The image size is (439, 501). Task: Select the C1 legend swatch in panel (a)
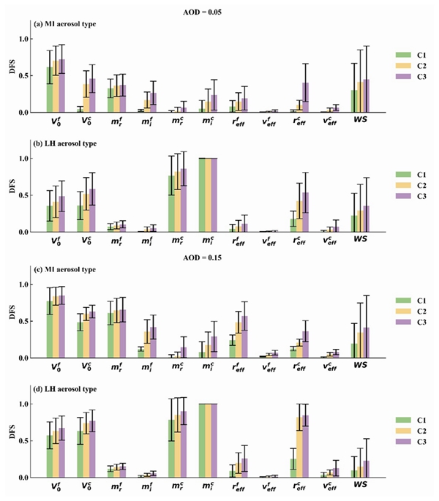pyautogui.click(x=402, y=55)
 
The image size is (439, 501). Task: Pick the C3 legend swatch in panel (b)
pyautogui.click(x=402, y=197)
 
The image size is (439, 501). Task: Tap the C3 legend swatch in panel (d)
pyautogui.click(x=402, y=441)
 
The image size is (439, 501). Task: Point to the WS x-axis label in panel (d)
pyautogui.click(x=361, y=483)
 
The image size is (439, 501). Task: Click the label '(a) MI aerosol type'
pyautogui.click(x=64, y=24)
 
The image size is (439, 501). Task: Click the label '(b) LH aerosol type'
pyautogui.click(x=64, y=142)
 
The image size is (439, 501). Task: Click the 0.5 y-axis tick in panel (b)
pyautogui.click(x=29, y=195)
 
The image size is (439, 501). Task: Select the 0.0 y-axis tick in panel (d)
pyautogui.click(x=29, y=478)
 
